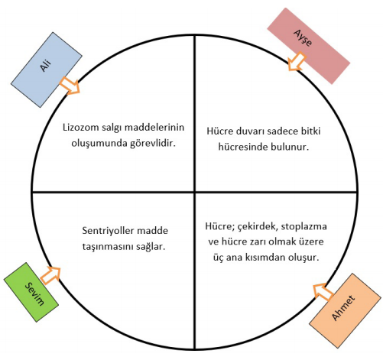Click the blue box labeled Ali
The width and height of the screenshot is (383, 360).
pyautogui.click(x=47, y=70)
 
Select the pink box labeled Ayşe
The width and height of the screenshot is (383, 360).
pyautogui.click(x=309, y=46)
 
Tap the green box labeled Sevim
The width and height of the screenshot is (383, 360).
pyautogui.click(x=31, y=292)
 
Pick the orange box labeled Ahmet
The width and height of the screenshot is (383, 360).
pyautogui.click(x=345, y=311)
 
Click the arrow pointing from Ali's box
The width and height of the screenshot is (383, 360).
pyautogui.click(x=70, y=86)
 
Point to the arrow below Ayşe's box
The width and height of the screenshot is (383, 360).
pyautogui.click(x=297, y=61)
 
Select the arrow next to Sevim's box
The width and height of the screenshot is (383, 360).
pyautogui.click(x=50, y=276)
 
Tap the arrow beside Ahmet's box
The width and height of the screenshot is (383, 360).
pyautogui.click(x=323, y=292)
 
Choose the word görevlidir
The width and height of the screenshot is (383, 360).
pyautogui.click(x=153, y=144)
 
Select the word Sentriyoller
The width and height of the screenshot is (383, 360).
pyautogui.click(x=108, y=231)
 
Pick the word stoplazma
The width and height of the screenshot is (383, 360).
pyautogui.click(x=303, y=226)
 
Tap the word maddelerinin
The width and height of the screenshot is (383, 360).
pyautogui.click(x=155, y=127)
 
